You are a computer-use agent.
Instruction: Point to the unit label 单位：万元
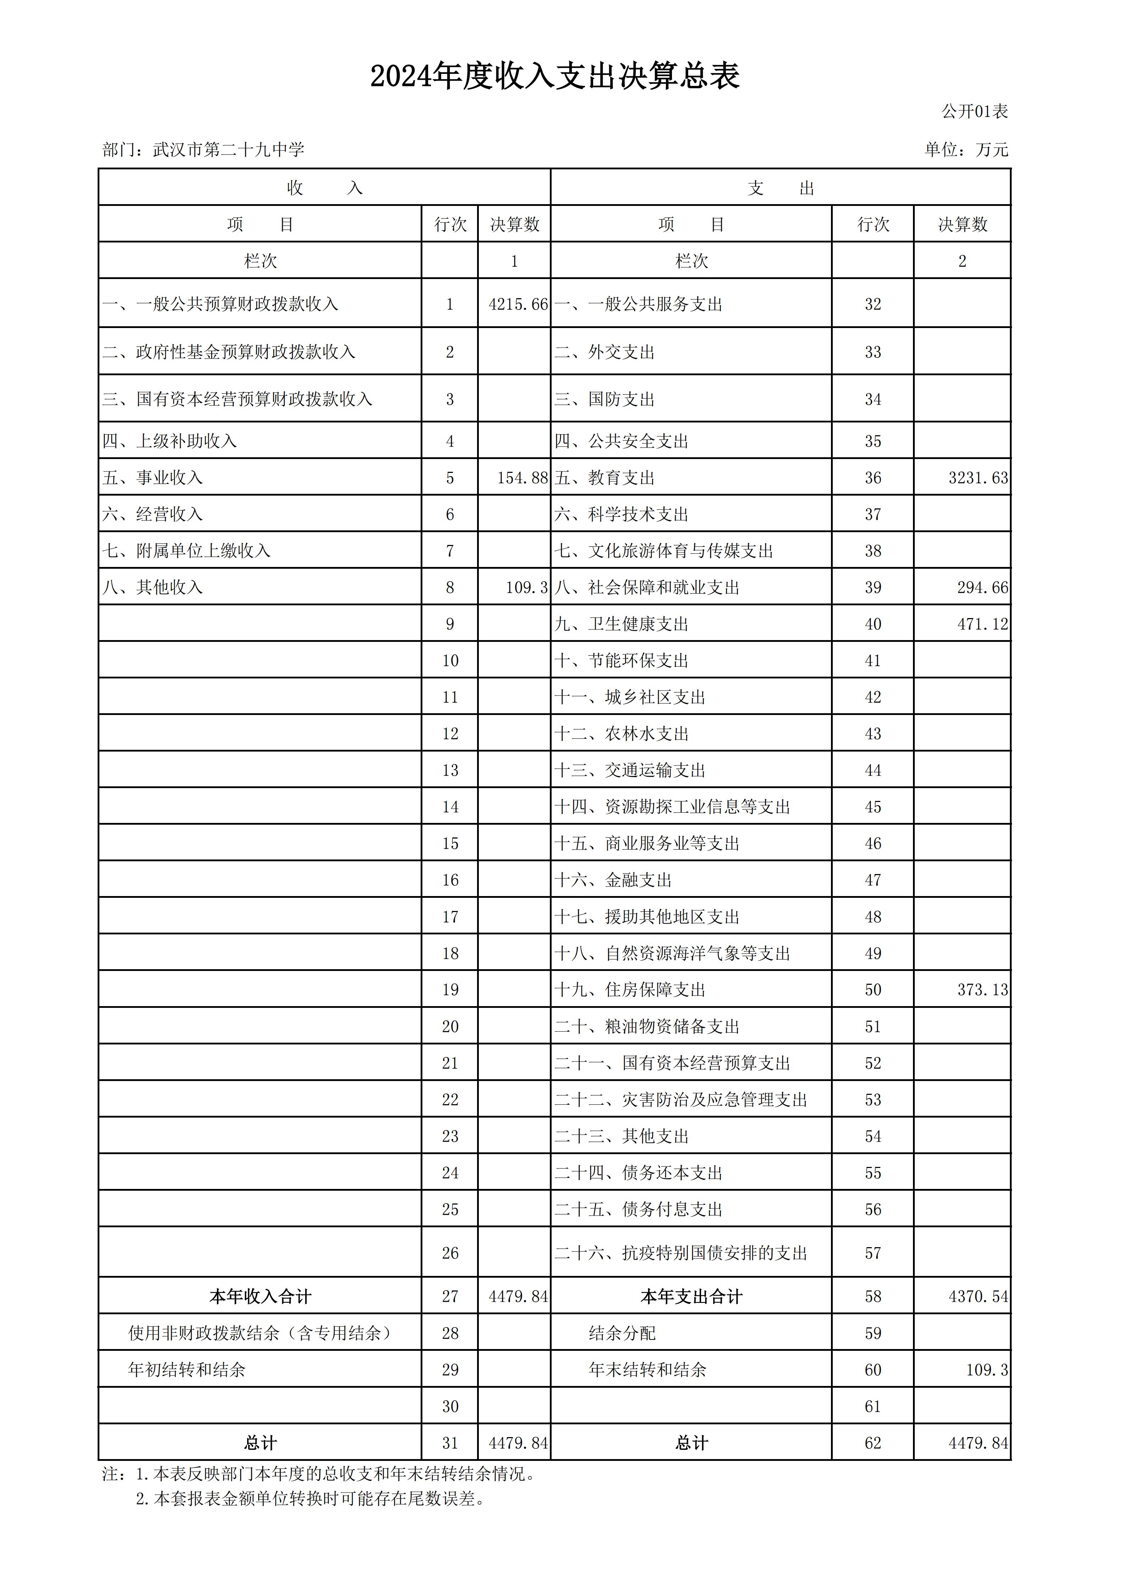966,150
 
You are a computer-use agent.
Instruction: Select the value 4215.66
518,304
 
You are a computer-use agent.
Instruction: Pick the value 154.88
522,477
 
